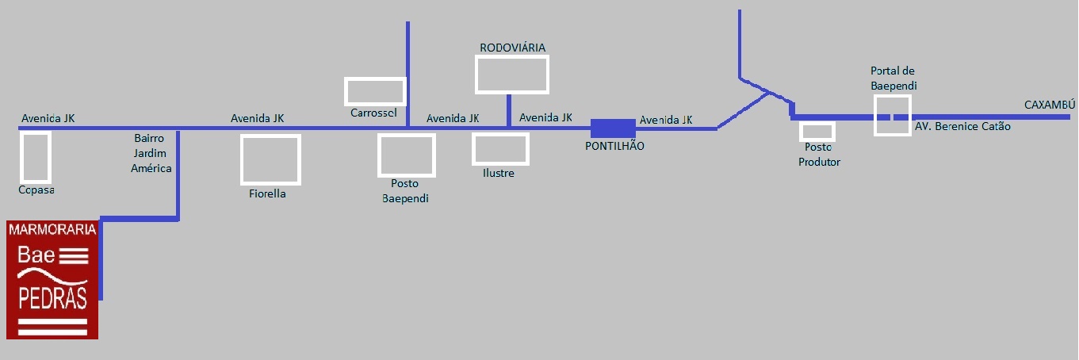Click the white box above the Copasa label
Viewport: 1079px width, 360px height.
click(x=36, y=157)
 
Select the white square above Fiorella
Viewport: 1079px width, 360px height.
click(x=270, y=159)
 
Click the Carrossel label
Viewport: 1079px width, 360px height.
click(x=373, y=113)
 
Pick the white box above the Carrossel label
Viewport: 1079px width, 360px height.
click(x=375, y=91)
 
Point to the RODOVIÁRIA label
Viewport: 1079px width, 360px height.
click(x=512, y=48)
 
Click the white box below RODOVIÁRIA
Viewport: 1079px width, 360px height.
click(x=512, y=74)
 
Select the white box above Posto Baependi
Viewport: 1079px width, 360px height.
click(x=407, y=155)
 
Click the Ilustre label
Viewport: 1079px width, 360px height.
click(x=499, y=173)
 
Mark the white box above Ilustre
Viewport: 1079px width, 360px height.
click(x=499, y=149)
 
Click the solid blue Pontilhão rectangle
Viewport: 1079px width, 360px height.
click(x=613, y=128)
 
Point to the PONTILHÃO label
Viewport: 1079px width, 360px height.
click(x=614, y=146)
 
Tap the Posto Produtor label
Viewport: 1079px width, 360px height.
click(x=819, y=155)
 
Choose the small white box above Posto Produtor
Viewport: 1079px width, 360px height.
click(x=817, y=132)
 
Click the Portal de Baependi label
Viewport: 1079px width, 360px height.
click(x=893, y=78)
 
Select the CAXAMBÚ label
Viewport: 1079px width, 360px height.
click(x=1050, y=105)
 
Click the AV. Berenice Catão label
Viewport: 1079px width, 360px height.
click(x=962, y=126)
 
